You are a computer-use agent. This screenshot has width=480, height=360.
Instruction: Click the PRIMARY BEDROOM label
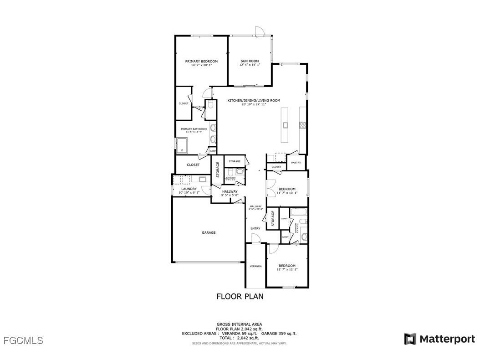[x=201, y=61]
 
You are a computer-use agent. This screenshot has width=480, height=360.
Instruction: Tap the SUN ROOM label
[x=250, y=61]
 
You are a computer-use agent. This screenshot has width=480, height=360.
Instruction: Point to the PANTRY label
[x=296, y=163]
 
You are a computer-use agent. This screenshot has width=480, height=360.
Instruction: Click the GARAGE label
[x=209, y=232]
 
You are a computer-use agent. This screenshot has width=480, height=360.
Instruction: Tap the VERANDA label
[x=255, y=266]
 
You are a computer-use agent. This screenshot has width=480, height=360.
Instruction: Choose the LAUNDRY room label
[x=189, y=189]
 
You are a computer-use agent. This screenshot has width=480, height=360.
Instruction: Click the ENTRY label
[x=255, y=228]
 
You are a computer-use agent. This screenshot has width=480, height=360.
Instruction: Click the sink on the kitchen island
[x=285, y=124]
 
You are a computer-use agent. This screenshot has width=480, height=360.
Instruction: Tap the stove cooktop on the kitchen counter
[x=301, y=125]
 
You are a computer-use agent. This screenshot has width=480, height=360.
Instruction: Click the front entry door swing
[x=256, y=238]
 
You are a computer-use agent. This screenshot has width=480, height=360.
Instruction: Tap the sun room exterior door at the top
[x=259, y=31]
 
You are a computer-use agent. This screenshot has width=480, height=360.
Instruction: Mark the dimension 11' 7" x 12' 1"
[x=287, y=270]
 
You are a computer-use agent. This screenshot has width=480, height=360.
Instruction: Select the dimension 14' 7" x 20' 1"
[x=201, y=65]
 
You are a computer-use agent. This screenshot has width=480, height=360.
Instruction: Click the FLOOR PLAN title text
[x=240, y=296]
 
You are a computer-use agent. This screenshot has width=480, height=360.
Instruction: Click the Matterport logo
[x=439, y=339]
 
